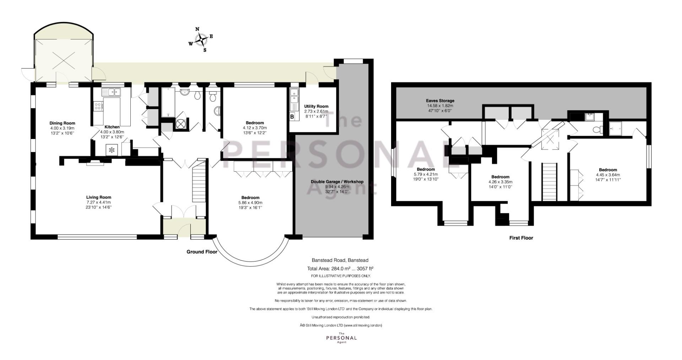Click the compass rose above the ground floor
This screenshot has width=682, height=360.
[x=201, y=39]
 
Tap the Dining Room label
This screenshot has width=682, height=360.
[x=63, y=123]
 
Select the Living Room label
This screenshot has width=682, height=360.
[x=99, y=197]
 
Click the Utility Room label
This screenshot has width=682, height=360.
[x=316, y=106]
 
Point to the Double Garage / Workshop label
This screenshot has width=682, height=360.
[x=337, y=182]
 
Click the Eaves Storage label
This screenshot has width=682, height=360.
[x=440, y=101]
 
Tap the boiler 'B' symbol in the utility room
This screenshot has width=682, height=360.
[x=292, y=117]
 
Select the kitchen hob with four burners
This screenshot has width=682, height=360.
[x=98, y=106]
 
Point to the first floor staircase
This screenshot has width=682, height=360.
[x=549, y=182]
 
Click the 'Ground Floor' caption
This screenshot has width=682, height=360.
[x=202, y=252]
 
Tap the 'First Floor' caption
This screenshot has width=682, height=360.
[x=521, y=238]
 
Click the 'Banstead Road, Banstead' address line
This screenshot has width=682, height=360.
[x=340, y=260]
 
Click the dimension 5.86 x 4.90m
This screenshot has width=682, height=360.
[x=250, y=203]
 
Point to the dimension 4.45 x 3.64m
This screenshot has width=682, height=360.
[x=608, y=175]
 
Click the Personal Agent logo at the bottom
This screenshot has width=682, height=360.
[x=341, y=337]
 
